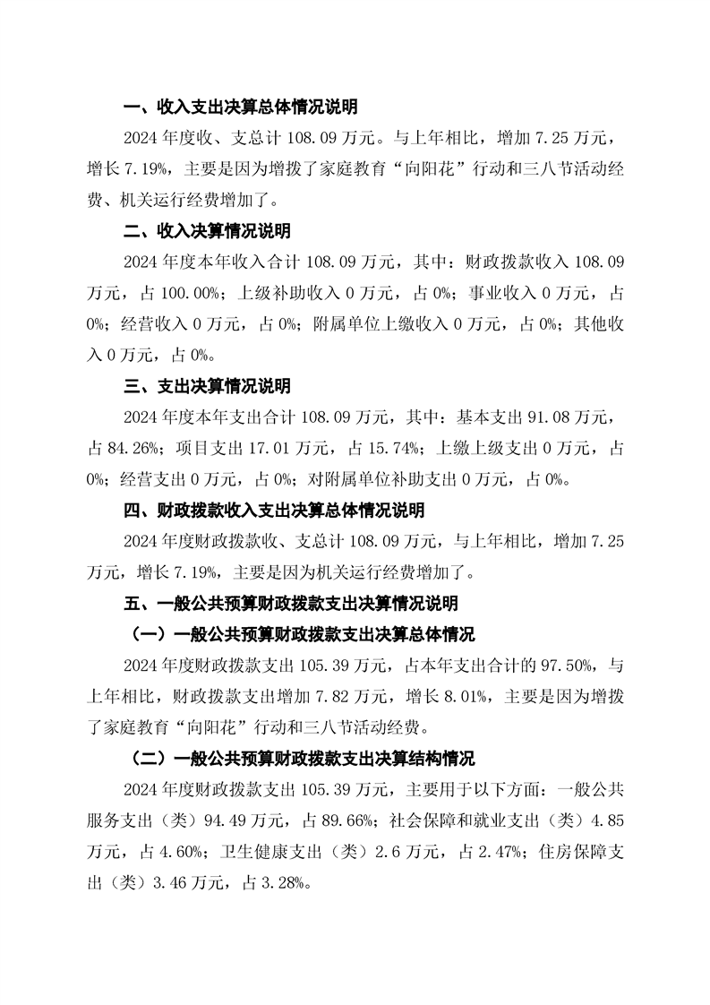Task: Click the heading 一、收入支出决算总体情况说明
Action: tap(240, 108)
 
